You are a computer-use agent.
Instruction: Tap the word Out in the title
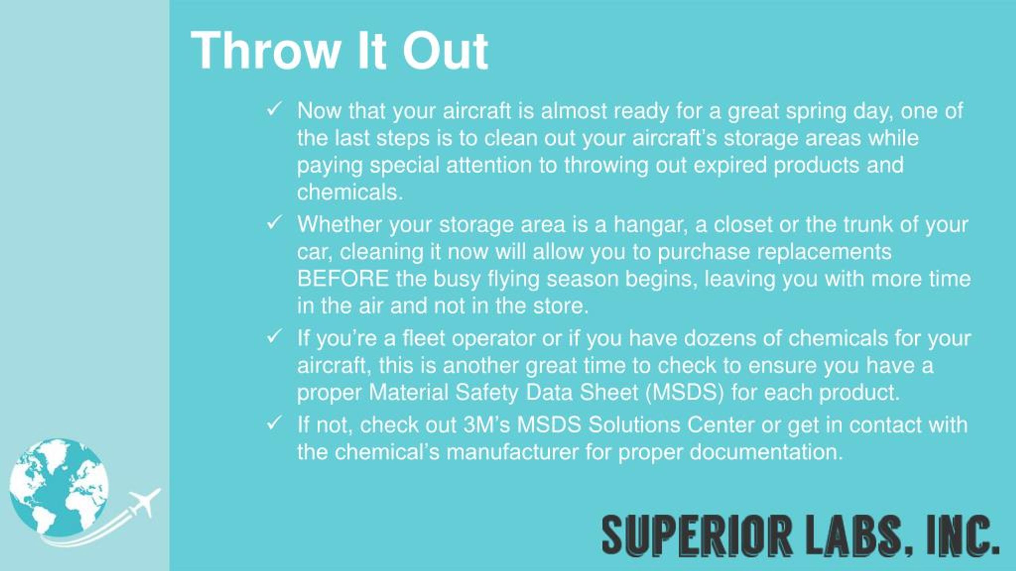(444, 52)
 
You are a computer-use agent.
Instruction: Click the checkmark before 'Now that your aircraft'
(274, 109)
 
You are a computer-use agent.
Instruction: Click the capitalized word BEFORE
(343, 278)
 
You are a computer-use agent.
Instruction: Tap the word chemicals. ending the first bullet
(350, 192)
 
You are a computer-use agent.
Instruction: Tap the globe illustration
(59, 488)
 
